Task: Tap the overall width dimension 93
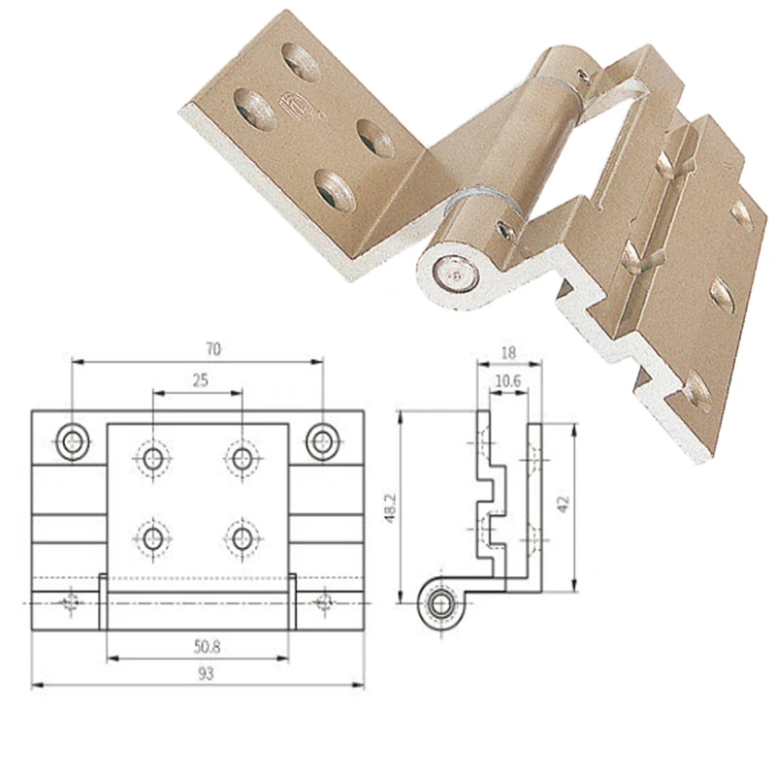point(204,671)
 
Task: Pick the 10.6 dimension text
point(508,381)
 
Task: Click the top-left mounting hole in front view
point(72,441)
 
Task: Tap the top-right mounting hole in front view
point(322,441)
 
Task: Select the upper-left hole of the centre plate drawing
point(153,456)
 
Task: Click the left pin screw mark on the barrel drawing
point(70,603)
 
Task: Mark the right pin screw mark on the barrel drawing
point(324,603)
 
